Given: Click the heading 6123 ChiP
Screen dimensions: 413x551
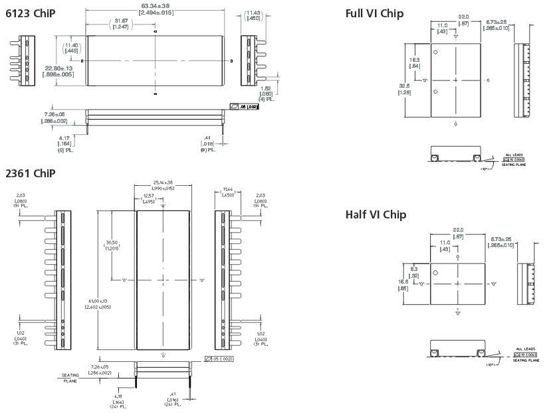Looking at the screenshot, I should click(x=30, y=13).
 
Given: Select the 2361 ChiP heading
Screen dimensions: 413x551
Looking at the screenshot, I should click(x=30, y=173).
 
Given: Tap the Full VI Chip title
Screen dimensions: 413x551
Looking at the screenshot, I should click(x=374, y=13).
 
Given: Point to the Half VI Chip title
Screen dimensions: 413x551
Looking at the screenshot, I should click(x=376, y=214).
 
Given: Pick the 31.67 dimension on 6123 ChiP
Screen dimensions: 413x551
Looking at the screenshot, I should click(x=121, y=20).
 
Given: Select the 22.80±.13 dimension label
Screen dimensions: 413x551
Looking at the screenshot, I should click(x=58, y=68).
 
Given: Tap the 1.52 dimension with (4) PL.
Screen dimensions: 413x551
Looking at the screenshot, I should click(x=265, y=88).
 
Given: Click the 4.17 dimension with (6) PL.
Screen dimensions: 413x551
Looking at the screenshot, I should click(x=64, y=139).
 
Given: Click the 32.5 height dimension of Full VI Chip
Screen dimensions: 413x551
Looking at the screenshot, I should click(x=404, y=86).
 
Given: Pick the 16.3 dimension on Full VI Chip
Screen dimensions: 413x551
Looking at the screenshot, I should click(x=413, y=59).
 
